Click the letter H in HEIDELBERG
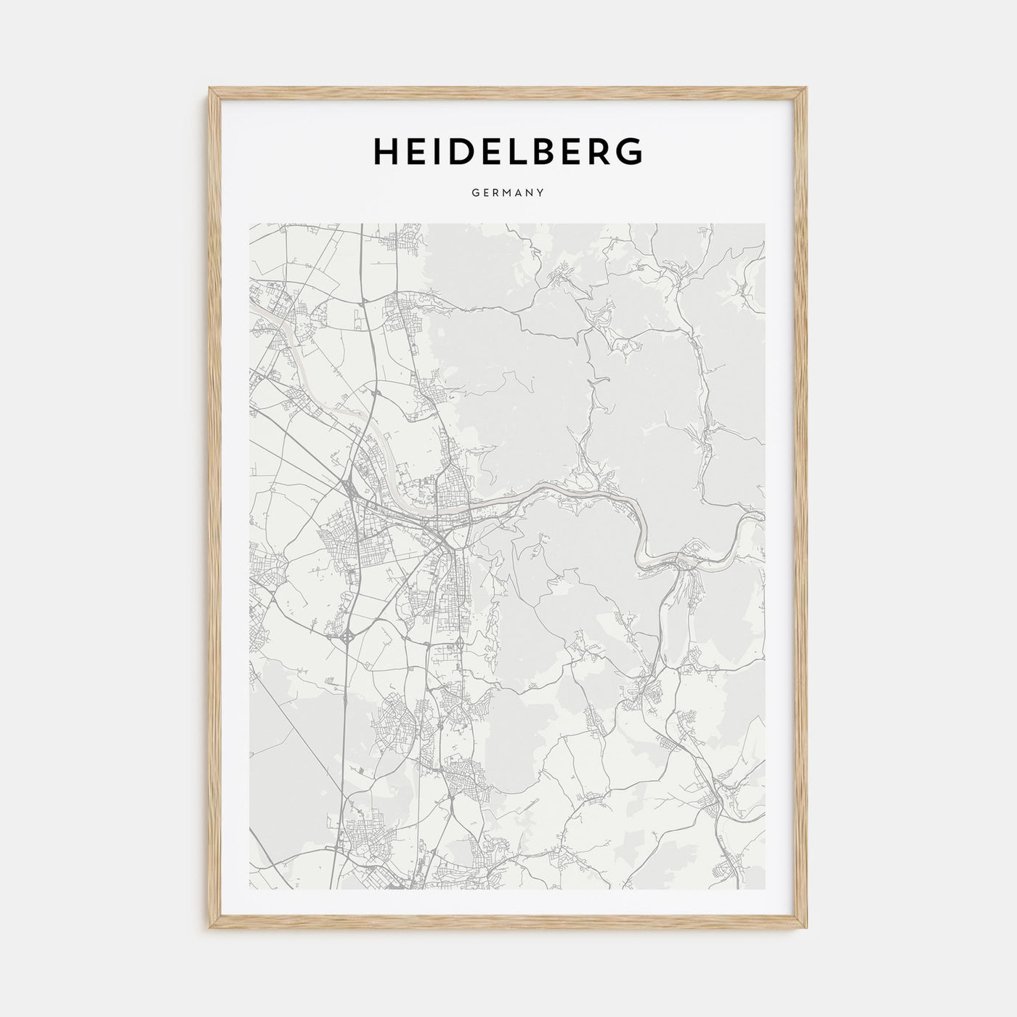point(386,151)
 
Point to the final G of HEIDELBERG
point(629,151)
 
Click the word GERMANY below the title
point(508,193)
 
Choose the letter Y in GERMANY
point(541,193)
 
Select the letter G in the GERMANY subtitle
point(475,193)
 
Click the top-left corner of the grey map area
point(250,224)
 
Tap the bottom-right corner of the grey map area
point(765,890)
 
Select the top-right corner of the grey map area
point(765,224)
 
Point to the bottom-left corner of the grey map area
point(250,890)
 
